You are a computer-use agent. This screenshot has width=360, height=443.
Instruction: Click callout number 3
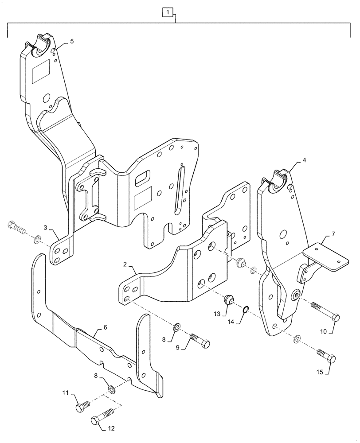tap(46, 227)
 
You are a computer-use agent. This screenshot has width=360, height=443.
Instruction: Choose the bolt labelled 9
tap(200, 341)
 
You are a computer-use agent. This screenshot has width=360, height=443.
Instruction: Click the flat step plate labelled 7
tap(328, 258)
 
